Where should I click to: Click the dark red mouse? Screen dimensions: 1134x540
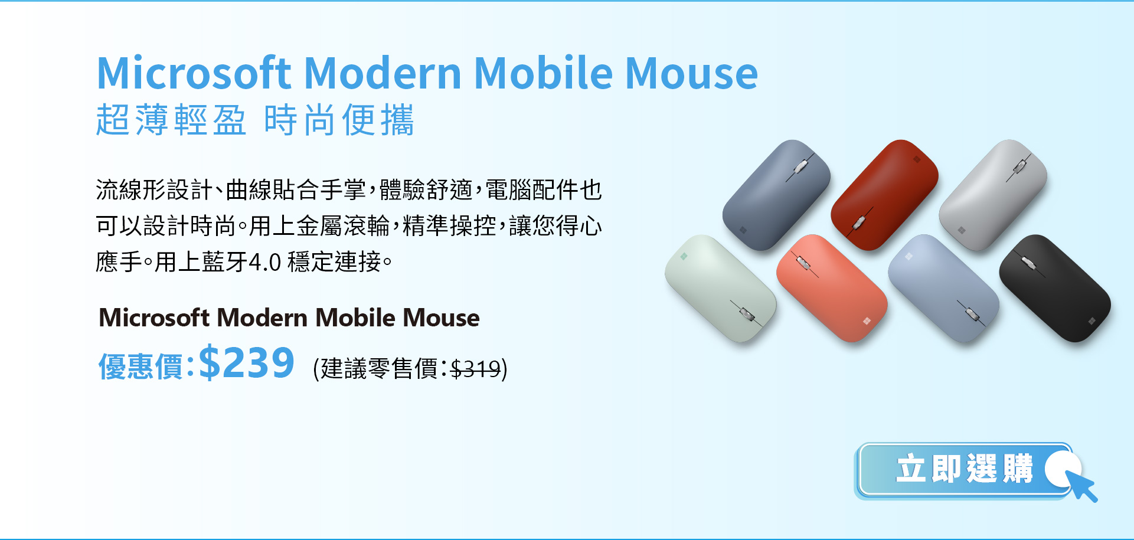click(884, 195)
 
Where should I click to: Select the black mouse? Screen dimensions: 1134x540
click(1054, 288)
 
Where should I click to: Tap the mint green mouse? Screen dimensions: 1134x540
click(720, 288)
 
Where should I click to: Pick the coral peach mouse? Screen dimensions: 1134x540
click(832, 288)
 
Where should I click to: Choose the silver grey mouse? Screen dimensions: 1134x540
click(992, 195)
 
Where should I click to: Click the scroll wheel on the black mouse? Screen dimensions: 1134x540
click(1028, 263)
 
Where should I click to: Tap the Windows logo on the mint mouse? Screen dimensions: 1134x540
click(684, 256)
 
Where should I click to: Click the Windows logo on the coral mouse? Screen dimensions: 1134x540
click(867, 321)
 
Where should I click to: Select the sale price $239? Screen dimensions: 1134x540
click(246, 362)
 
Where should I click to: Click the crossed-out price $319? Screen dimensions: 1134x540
click(475, 369)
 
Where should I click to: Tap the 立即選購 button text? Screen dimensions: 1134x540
click(965, 469)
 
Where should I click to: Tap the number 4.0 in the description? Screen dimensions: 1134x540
click(265, 262)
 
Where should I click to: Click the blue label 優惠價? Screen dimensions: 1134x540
click(140, 366)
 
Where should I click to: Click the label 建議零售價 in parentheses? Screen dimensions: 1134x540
click(379, 369)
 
